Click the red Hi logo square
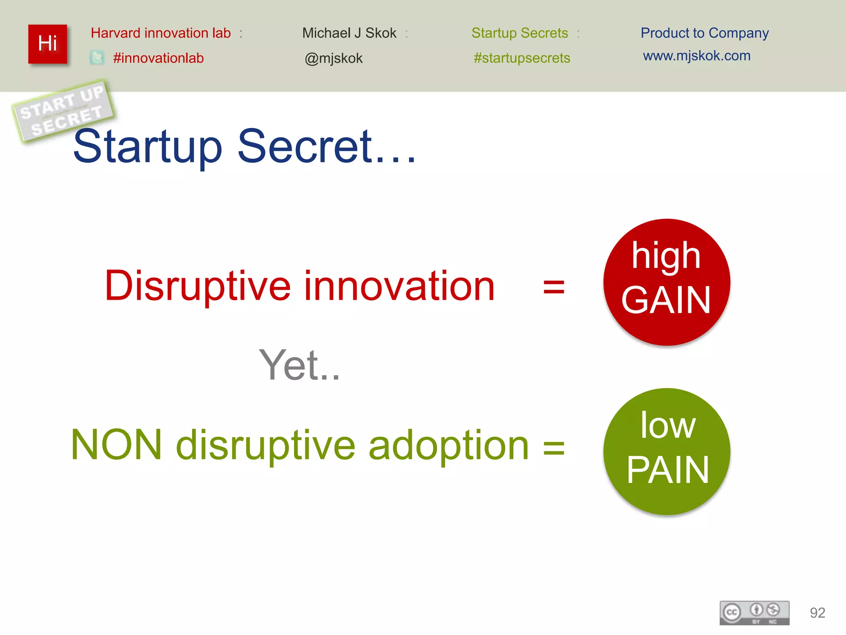click(x=48, y=44)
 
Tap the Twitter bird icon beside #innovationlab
click(x=97, y=57)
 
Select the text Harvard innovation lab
click(x=161, y=33)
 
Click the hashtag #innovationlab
click(x=158, y=58)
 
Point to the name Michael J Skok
click(x=349, y=33)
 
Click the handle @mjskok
click(x=333, y=58)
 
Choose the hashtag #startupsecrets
click(x=522, y=58)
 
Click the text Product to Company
click(x=704, y=33)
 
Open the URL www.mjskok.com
click(x=696, y=56)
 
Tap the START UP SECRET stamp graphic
click(x=63, y=111)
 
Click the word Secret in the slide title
click(x=306, y=146)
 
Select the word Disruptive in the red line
click(x=198, y=286)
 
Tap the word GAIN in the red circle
click(x=666, y=301)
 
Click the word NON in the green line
click(x=116, y=445)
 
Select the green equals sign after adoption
click(x=554, y=447)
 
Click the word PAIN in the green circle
click(x=668, y=470)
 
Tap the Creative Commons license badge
click(x=754, y=613)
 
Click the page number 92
click(x=817, y=613)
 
